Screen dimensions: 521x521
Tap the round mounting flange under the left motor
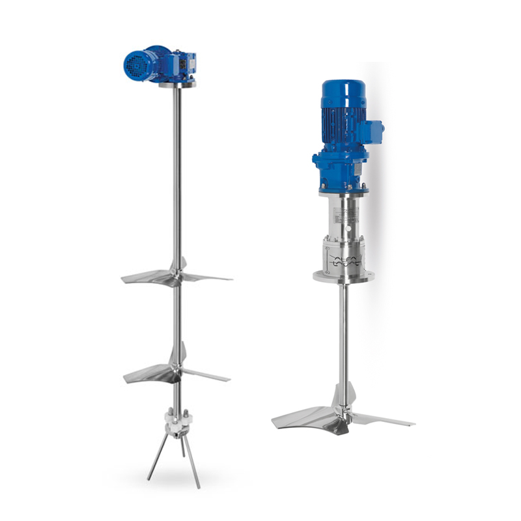[x=176, y=83]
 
